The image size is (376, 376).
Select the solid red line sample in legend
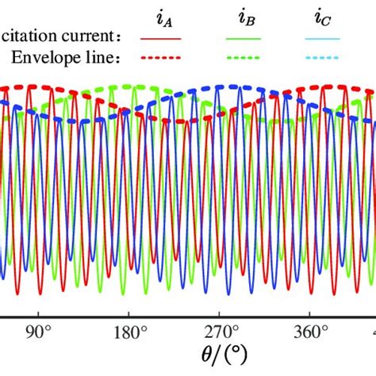click(161, 38)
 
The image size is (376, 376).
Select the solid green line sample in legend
click(244, 38)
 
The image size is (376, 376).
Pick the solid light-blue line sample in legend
click(321, 38)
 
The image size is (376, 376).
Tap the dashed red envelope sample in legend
click(161, 58)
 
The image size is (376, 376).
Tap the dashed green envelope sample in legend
click(244, 58)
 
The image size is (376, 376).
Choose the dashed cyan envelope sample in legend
click(321, 58)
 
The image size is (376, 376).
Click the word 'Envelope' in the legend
click(45, 57)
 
